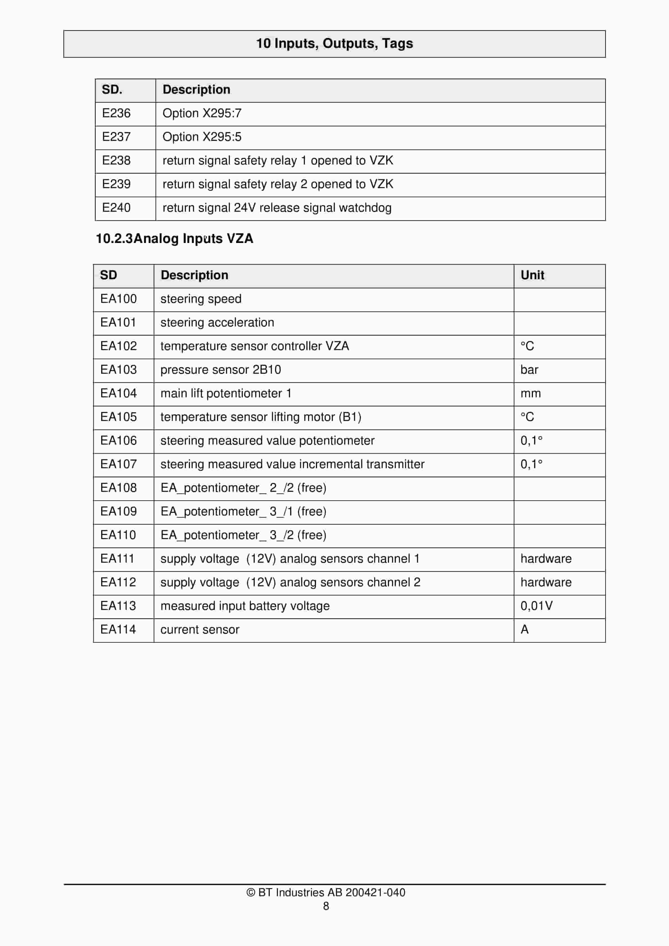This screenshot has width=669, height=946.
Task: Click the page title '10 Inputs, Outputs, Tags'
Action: click(334, 43)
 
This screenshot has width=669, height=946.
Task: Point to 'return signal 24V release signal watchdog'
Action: click(277, 208)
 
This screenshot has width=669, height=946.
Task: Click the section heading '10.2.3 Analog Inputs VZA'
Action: click(174, 238)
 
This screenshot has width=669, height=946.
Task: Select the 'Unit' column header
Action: click(532, 275)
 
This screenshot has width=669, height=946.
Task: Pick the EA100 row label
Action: click(118, 299)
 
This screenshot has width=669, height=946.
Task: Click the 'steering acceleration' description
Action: click(217, 323)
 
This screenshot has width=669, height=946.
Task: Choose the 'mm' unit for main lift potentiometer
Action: click(531, 393)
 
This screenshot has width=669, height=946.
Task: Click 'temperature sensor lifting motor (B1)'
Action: click(261, 417)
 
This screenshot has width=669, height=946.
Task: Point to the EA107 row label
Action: click(118, 464)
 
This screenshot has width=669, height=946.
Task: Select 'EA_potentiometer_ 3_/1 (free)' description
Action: click(243, 511)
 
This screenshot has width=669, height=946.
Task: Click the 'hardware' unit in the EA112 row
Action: click(546, 582)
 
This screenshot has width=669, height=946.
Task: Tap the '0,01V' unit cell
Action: click(536, 606)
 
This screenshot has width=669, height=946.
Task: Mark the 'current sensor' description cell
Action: click(200, 630)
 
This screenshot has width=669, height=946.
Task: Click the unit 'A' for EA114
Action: click(525, 630)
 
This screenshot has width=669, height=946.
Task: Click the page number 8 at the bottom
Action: click(326, 906)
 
